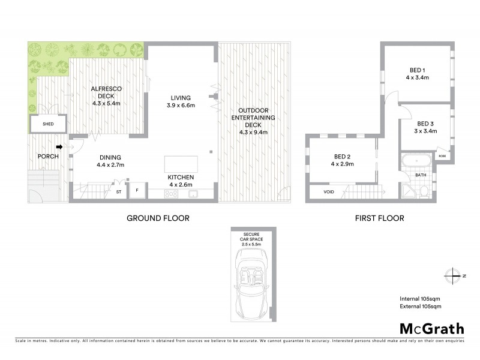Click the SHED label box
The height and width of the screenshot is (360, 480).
click(x=48, y=124)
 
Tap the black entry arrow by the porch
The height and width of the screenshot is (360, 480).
click(x=59, y=146)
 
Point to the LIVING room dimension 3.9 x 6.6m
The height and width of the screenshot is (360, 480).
click(x=180, y=105)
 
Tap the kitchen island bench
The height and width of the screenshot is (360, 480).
click(x=181, y=164)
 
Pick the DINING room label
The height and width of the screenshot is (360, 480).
click(x=112, y=160)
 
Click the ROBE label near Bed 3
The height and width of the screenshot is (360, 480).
click(x=442, y=155)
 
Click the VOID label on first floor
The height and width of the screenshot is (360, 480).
click(x=328, y=193)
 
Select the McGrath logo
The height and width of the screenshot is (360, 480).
click(x=432, y=328)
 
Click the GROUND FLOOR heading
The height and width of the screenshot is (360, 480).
click(x=158, y=218)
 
